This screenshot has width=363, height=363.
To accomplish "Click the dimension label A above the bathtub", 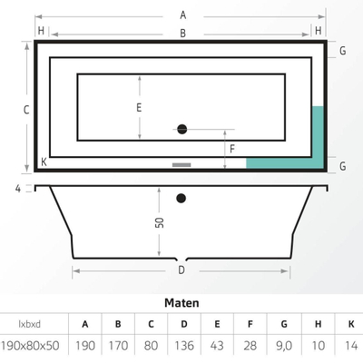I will [182, 15].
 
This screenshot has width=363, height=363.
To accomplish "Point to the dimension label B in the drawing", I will [182, 34].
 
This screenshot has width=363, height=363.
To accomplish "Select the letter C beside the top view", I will [27, 109].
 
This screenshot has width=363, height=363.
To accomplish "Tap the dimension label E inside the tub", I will [139, 107].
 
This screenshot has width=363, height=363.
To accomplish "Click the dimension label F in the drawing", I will [232, 148].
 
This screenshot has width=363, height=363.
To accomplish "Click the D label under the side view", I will [181, 270].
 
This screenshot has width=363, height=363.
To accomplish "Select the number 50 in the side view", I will [160, 222].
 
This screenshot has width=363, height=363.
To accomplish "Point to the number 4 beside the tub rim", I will [17, 188].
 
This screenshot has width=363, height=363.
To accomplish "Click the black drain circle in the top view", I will [181, 129].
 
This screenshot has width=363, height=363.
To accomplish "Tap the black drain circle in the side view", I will [181, 197].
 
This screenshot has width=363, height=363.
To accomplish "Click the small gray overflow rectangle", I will [181, 165].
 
